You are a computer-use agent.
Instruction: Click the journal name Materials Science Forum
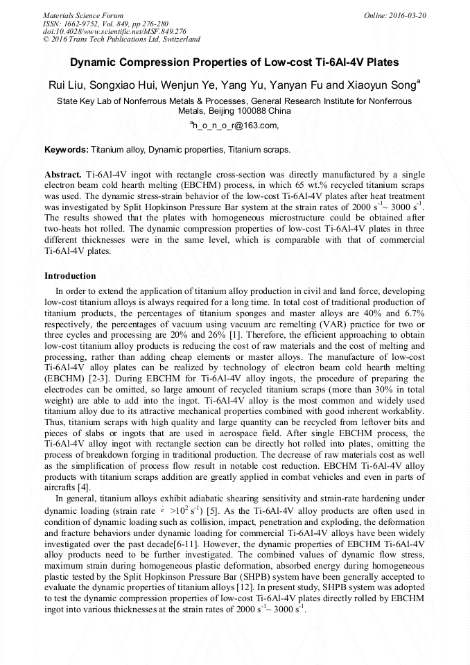[83, 15]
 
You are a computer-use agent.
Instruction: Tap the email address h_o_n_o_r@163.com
[235, 126]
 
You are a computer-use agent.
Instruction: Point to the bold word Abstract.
[63, 174]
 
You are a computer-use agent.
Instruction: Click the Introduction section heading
[70, 275]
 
